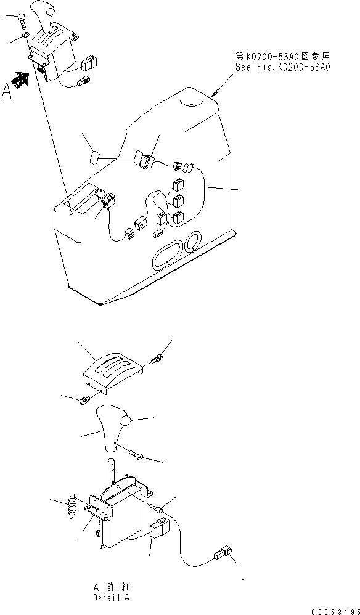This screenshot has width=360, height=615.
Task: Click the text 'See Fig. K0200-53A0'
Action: pyautogui.click(x=283, y=66)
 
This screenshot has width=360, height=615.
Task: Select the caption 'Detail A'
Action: pyautogui.click(x=111, y=597)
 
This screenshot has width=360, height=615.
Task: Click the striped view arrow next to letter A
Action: pyautogui.click(x=22, y=80)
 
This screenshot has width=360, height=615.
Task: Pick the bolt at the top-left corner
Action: pyautogui.click(x=22, y=22)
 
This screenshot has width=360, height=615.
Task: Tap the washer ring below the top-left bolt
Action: pyautogui.click(x=24, y=38)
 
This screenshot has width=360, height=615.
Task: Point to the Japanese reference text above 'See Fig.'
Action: pyautogui.click(x=283, y=56)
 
